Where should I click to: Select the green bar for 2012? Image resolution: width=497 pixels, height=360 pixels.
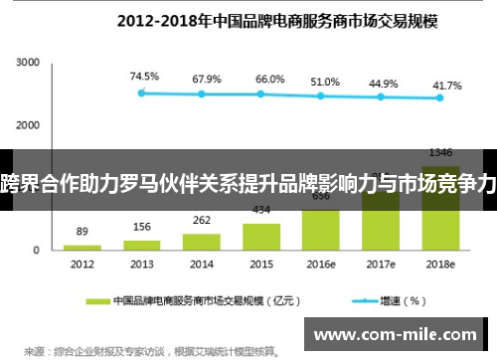click(82, 247)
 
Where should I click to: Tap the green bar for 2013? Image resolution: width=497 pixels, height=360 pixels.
click(142, 244)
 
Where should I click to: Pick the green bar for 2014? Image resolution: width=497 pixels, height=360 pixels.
click(202, 241)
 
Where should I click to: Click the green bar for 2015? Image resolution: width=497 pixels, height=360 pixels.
click(261, 237)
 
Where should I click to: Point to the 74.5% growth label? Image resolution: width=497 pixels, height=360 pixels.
click(143, 75)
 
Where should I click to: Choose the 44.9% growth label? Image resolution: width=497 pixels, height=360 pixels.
click(384, 84)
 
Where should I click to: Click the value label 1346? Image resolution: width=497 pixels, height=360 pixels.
click(440, 152)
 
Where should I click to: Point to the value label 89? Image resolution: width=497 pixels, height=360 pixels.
click(83, 231)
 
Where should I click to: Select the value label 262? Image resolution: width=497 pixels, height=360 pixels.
click(202, 221)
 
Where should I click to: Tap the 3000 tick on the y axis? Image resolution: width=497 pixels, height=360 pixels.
click(27, 62)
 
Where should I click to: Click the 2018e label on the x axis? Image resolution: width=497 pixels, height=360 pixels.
click(440, 265)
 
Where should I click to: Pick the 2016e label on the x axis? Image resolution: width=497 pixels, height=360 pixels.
click(321, 265)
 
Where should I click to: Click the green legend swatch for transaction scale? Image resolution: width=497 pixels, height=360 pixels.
click(97, 299)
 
